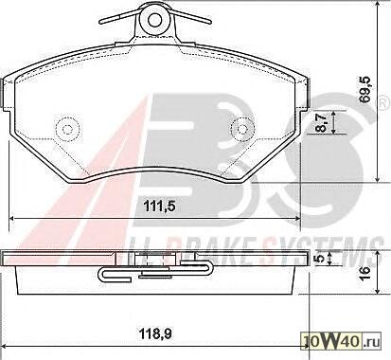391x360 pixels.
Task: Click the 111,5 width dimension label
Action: pos(159,207)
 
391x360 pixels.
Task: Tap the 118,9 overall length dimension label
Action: pos(156,333)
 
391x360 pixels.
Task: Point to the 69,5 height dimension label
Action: pos(364,90)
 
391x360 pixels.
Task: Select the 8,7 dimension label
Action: pos(321,123)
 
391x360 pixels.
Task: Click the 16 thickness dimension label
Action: pos(364,273)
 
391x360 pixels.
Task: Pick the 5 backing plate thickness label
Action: pos(320,259)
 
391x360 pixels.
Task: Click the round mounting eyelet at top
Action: pos(155,20)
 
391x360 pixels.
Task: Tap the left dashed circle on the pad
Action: pos(67,129)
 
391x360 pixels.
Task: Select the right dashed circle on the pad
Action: pos(242,129)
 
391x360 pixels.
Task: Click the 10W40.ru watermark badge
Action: pos(342,341)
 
